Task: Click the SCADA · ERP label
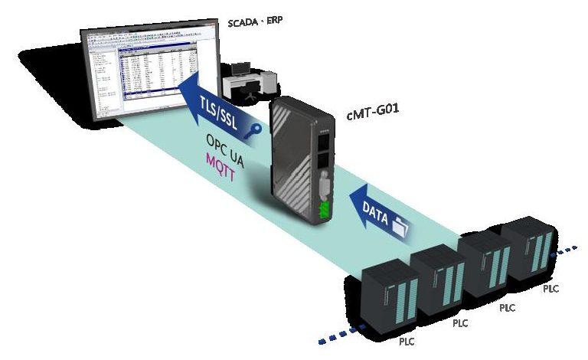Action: coord(255,21)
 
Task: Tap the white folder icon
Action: coord(401,225)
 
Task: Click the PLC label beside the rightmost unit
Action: coord(551,289)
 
